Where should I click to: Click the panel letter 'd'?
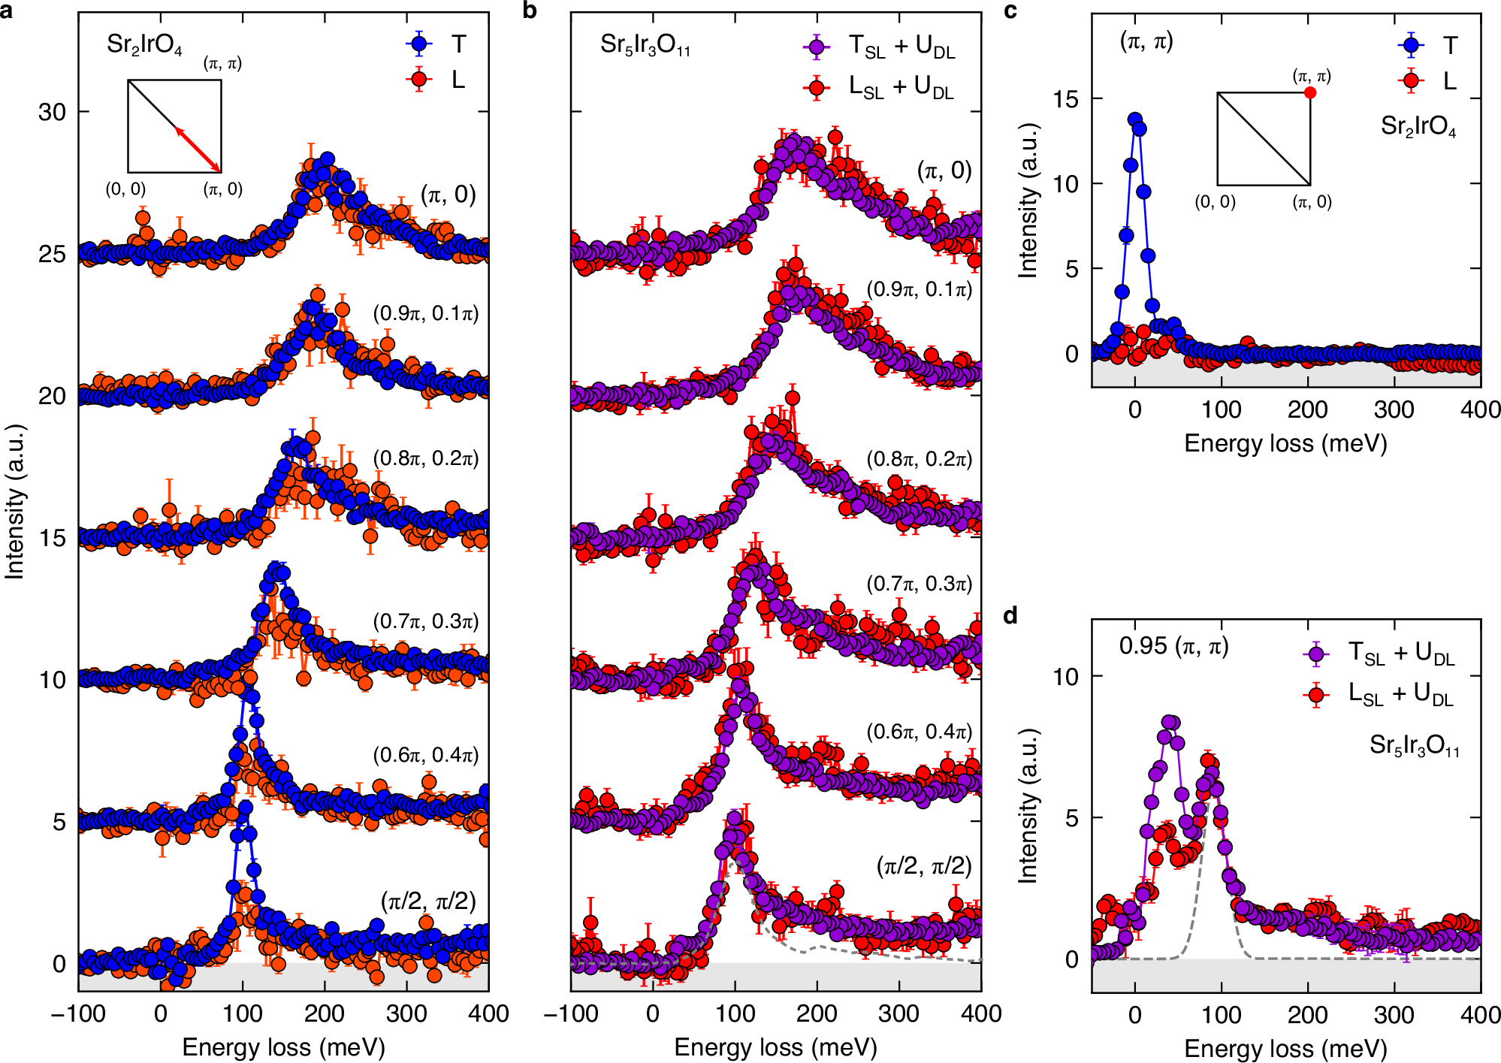pyautogui.click(x=1010, y=616)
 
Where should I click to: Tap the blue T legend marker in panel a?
pyautogui.click(x=419, y=44)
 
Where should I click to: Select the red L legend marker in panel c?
pyautogui.click(x=1411, y=80)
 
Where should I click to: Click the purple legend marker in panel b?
pyautogui.click(x=816, y=47)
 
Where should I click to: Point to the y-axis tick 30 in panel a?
pyautogui.click(x=52, y=112)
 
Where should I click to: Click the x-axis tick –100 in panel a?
pyautogui.click(x=78, y=1013)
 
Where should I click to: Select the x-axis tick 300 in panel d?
pyautogui.click(x=1394, y=1015)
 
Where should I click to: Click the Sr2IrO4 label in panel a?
pyautogui.click(x=144, y=44)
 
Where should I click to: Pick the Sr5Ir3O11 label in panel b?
pyautogui.click(x=645, y=45)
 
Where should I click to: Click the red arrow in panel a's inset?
pyautogui.click(x=198, y=150)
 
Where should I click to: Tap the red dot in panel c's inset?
pyautogui.click(x=1310, y=92)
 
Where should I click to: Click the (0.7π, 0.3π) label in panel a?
pyautogui.click(x=425, y=621)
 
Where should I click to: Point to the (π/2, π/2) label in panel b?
pyautogui.click(x=924, y=866)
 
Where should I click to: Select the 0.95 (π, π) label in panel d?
pyautogui.click(x=1173, y=645)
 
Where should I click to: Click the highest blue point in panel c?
pyautogui.click(x=1134, y=119)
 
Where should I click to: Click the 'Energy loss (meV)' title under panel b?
pyautogui.click(x=775, y=1047)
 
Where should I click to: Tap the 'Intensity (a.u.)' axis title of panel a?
pyautogui.click(x=14, y=502)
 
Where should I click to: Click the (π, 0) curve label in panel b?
pyautogui.click(x=944, y=171)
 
